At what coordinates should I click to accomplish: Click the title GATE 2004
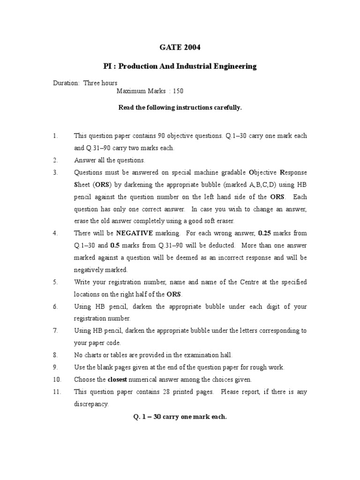pyautogui.click(x=180, y=47)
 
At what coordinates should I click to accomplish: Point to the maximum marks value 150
pyautogui.click(x=178, y=91)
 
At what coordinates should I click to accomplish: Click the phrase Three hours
pyautogui.click(x=100, y=83)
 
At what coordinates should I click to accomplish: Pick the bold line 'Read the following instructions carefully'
pyautogui.click(x=180, y=107)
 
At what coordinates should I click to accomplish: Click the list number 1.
pyautogui.click(x=55, y=136)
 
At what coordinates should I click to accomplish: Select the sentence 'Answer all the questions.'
pyautogui.click(x=103, y=160)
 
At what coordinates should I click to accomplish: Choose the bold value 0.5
pyautogui.click(x=115, y=245)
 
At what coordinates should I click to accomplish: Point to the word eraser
pyautogui.click(x=223, y=221)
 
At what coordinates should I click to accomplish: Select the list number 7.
pyautogui.click(x=55, y=330)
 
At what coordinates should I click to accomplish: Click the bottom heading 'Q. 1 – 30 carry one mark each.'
pyautogui.click(x=180, y=416)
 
